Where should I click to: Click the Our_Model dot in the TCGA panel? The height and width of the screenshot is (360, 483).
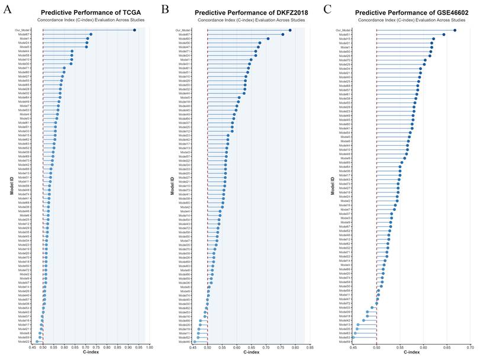pos(134,30)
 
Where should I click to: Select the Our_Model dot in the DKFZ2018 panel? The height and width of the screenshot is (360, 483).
pos(290,30)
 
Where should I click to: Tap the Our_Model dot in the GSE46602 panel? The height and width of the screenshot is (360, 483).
pos(455,30)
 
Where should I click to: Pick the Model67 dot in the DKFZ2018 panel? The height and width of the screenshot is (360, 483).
pos(283,34)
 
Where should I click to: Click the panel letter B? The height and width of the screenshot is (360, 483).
pos(165,8)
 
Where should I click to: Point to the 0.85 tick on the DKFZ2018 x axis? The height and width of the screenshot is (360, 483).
pos(310,348)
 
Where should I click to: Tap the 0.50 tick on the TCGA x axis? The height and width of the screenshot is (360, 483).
pos(43,348)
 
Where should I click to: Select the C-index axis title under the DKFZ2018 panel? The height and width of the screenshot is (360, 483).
pos(252,353)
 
